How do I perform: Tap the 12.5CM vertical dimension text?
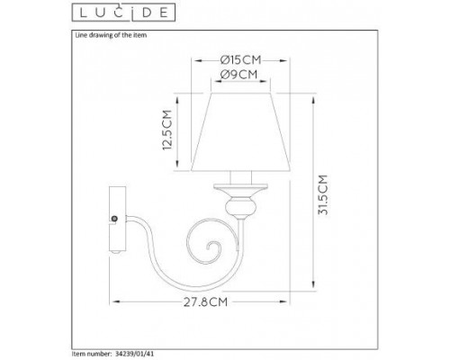coord(166,130)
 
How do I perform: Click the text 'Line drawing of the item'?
coord(105,34)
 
